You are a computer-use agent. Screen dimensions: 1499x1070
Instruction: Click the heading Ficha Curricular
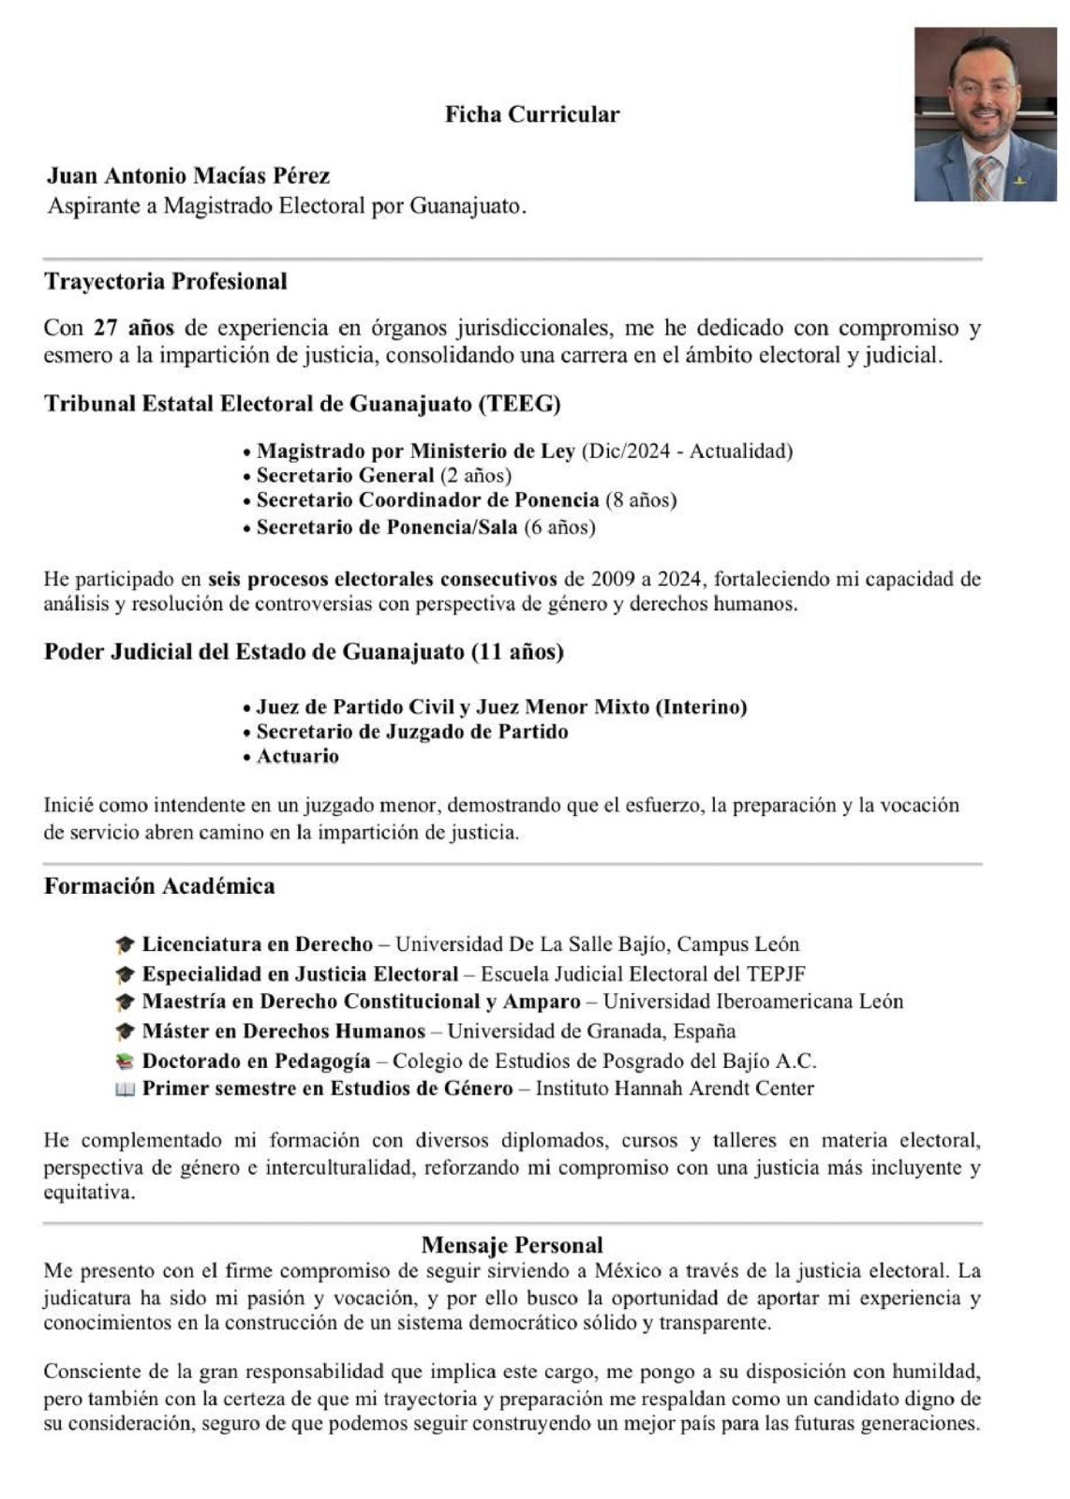point(531,114)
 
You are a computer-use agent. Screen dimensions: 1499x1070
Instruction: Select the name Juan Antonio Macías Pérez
point(188,175)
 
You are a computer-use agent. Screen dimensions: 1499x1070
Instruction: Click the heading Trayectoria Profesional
point(166,281)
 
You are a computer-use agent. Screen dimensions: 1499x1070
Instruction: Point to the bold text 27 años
point(133,328)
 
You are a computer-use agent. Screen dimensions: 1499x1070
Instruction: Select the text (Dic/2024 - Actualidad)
point(687,451)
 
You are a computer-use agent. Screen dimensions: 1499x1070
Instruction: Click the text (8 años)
point(641,499)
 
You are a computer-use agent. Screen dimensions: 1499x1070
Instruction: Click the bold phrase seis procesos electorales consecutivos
point(382,578)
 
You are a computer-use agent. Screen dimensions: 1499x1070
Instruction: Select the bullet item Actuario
point(297,756)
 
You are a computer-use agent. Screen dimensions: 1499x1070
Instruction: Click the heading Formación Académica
point(159,886)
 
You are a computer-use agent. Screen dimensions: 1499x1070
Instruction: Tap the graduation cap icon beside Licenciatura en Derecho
point(125,944)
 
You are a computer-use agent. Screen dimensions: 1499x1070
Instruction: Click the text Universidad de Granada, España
point(591,1031)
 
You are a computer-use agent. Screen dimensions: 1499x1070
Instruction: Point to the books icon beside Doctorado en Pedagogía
point(125,1061)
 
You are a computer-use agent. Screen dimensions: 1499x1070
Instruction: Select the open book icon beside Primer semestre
point(125,1090)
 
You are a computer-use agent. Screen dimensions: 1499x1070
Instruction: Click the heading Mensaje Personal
point(513,1245)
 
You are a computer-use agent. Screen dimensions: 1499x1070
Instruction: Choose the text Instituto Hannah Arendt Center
point(675,1089)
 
